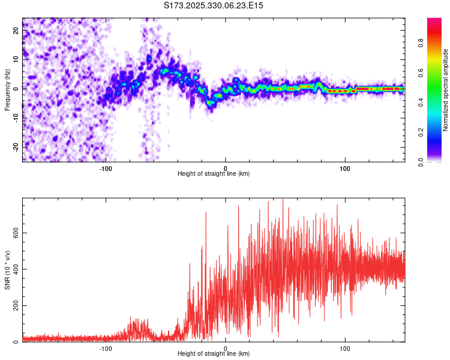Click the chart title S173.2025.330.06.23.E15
214,5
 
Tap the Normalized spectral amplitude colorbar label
446,90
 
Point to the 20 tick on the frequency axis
16,30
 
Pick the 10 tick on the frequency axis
16,59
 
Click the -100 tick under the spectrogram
106,168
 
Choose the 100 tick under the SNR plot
345,348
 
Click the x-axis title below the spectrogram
213,174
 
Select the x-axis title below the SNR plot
213,354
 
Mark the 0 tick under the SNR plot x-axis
226,348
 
